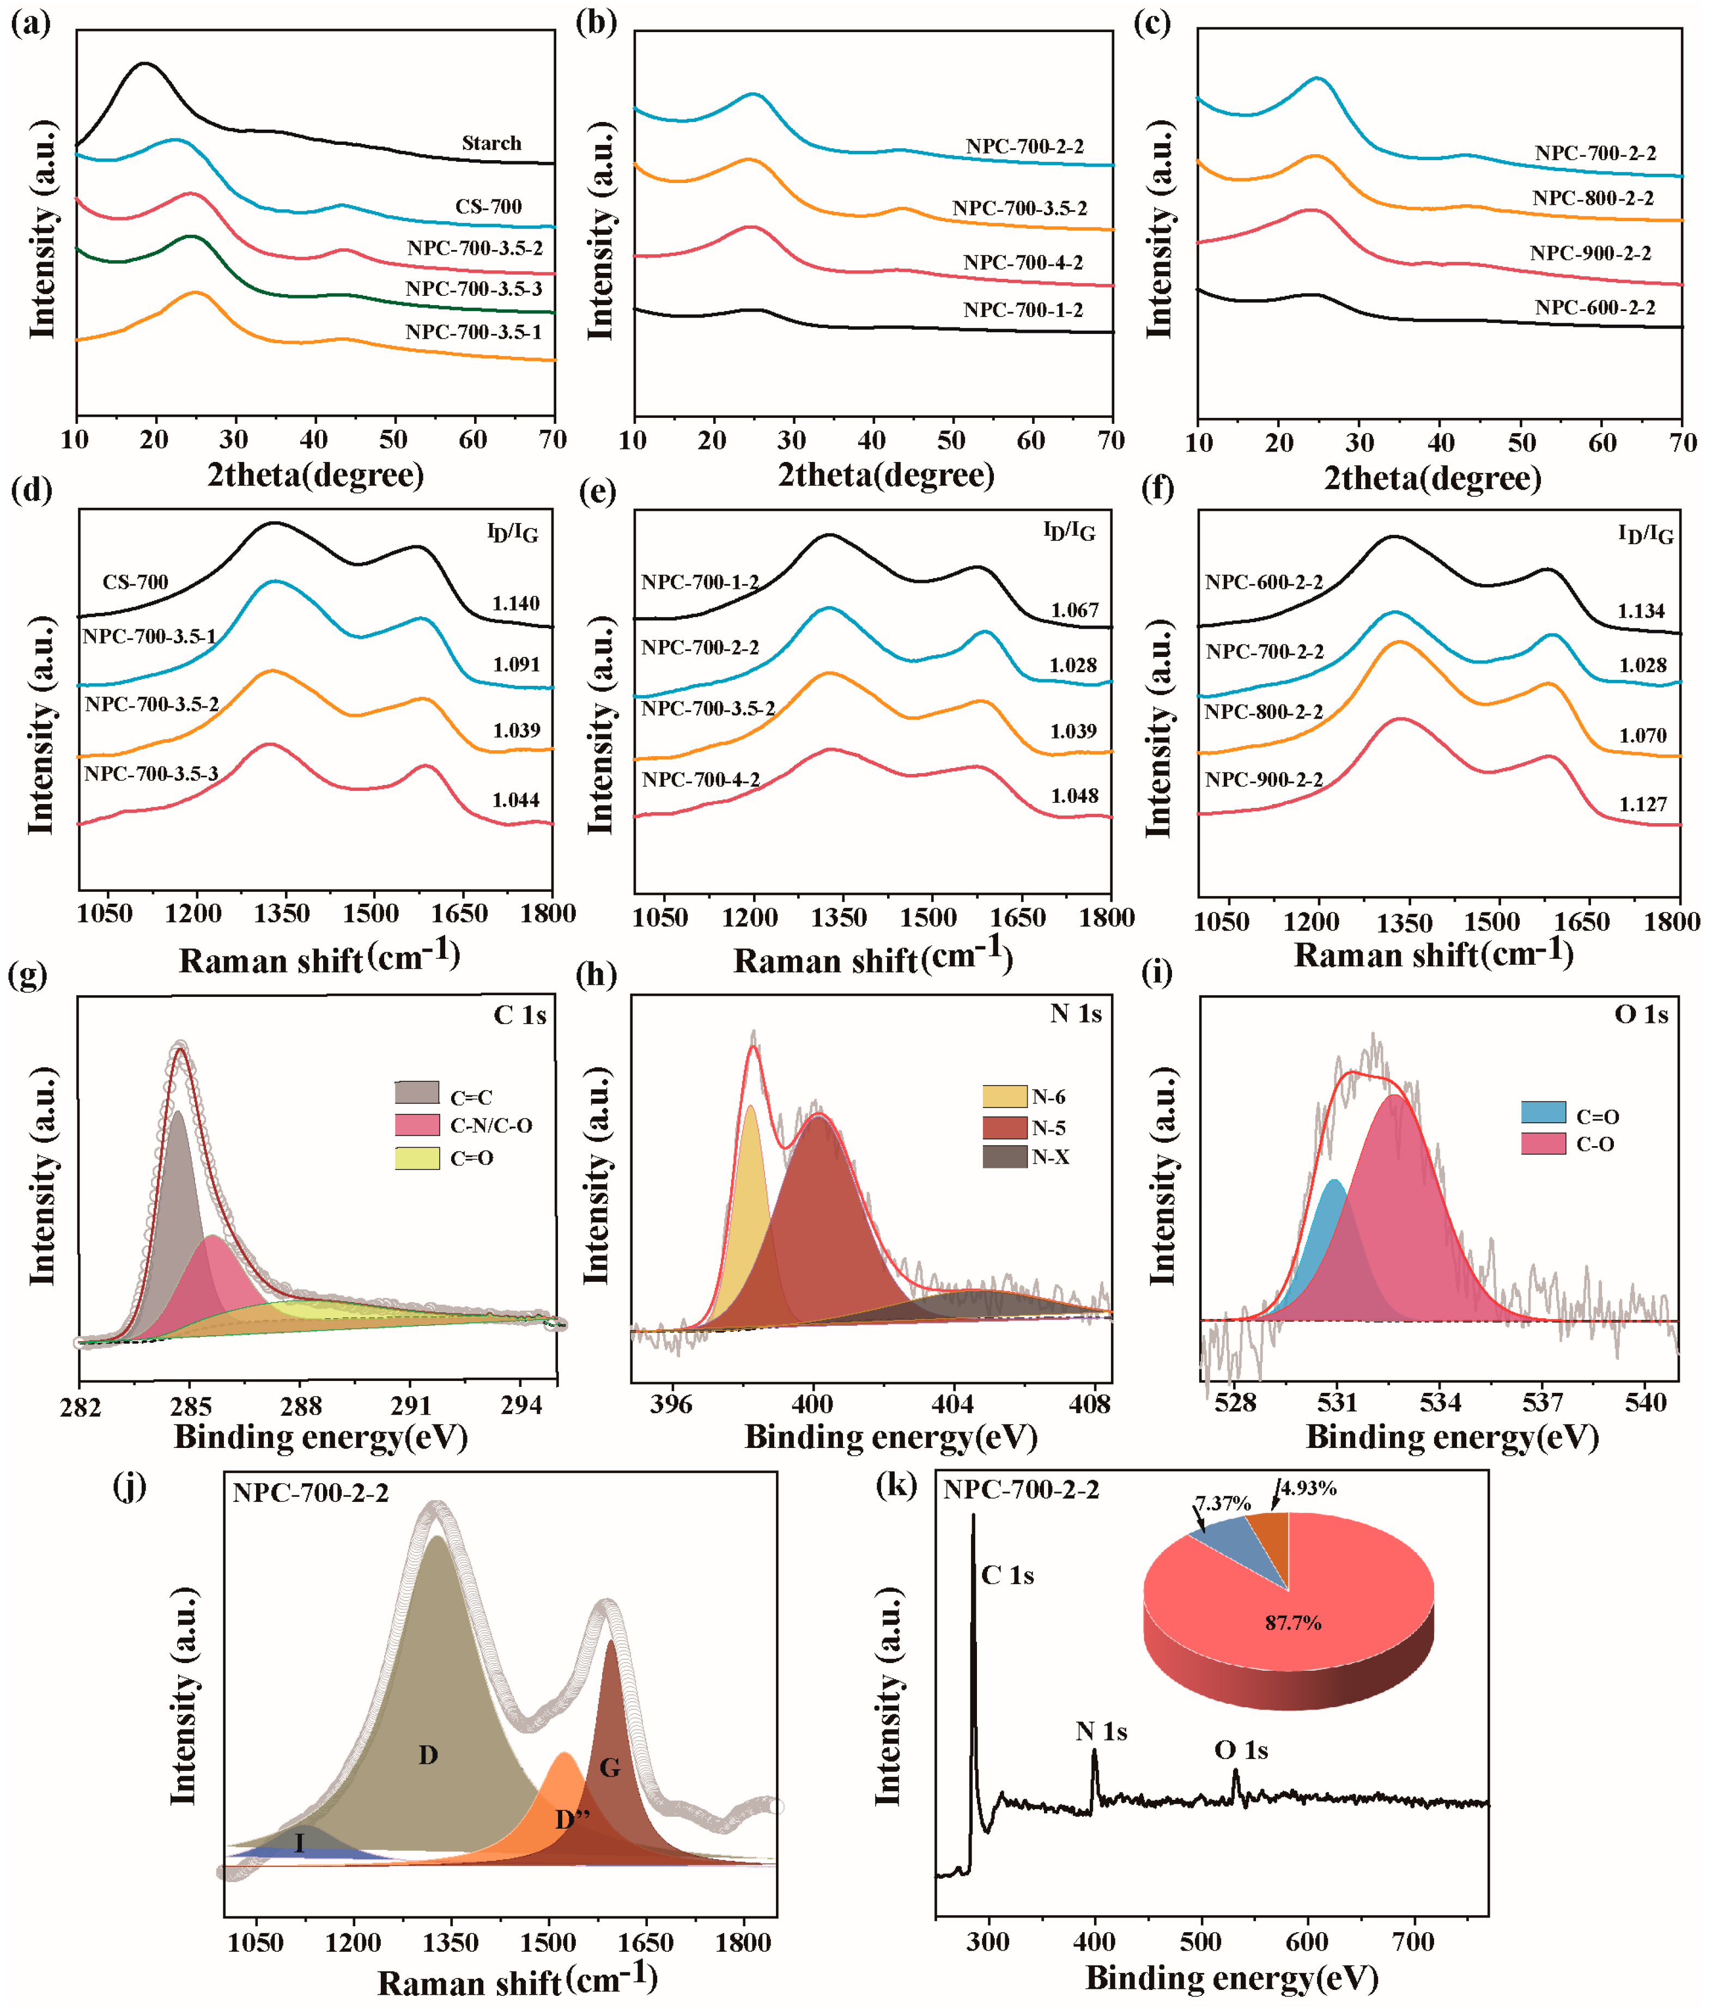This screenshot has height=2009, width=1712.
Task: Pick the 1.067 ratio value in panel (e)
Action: (1074, 611)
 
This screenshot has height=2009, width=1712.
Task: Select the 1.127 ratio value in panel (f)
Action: (1642, 805)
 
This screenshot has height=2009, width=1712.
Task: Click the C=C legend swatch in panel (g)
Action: (417, 1093)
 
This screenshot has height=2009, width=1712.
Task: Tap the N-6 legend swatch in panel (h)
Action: (1004, 1097)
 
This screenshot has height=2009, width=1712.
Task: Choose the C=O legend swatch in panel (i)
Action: (1543, 1113)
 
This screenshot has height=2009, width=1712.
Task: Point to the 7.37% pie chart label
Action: (1222, 1504)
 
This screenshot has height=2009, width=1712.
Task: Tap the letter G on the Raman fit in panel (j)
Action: (609, 1768)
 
